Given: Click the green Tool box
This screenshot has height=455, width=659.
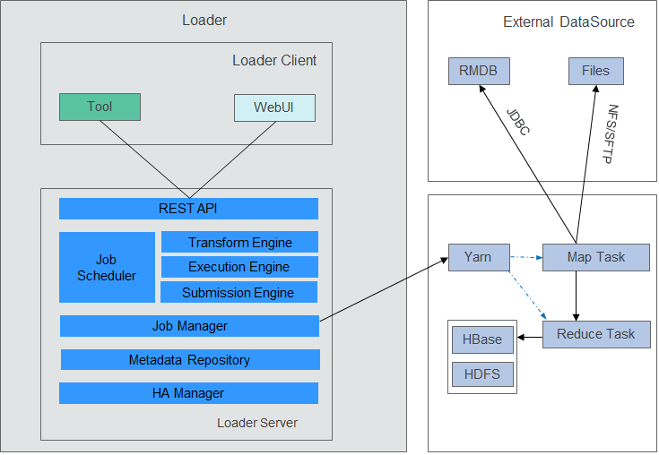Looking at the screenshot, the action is (x=100, y=107).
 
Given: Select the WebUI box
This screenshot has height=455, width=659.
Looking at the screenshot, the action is (x=274, y=107).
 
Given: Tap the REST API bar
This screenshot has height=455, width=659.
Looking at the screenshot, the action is (x=188, y=209).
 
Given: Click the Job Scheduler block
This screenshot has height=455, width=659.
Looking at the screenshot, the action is (x=108, y=268).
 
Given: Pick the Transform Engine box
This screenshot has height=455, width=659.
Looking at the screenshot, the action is (x=239, y=242).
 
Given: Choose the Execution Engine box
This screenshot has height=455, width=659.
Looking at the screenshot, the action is (x=239, y=267).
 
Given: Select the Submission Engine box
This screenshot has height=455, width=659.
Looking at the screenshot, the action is (x=238, y=292).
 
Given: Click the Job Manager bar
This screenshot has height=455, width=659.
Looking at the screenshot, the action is (x=189, y=326).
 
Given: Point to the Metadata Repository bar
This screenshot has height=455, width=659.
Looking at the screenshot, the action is (x=190, y=360).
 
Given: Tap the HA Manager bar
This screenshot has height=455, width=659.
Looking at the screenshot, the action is (x=188, y=393).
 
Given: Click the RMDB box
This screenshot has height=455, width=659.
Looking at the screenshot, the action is (x=479, y=72).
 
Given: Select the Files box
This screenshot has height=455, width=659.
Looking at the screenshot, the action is (x=596, y=72).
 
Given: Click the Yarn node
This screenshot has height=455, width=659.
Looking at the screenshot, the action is (x=479, y=257).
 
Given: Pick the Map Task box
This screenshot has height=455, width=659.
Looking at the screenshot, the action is (x=596, y=257).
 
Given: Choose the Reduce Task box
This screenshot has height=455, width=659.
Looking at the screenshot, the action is (x=596, y=335).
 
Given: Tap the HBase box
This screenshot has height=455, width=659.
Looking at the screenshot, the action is (x=482, y=339).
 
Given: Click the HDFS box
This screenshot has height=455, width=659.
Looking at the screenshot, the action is (x=482, y=374).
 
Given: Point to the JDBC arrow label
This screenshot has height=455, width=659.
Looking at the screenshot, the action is (x=518, y=122).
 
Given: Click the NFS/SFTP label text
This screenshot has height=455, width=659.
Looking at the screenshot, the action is (x=611, y=133).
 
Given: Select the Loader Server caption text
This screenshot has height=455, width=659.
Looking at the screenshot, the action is (x=257, y=423).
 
